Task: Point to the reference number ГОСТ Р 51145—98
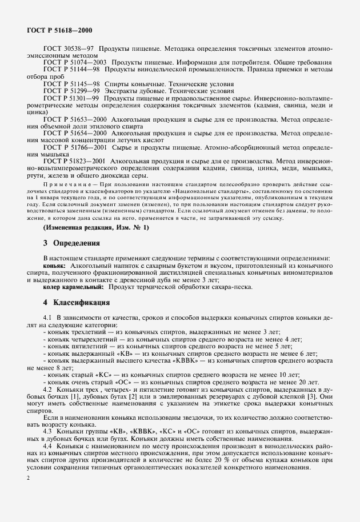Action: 73,84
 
